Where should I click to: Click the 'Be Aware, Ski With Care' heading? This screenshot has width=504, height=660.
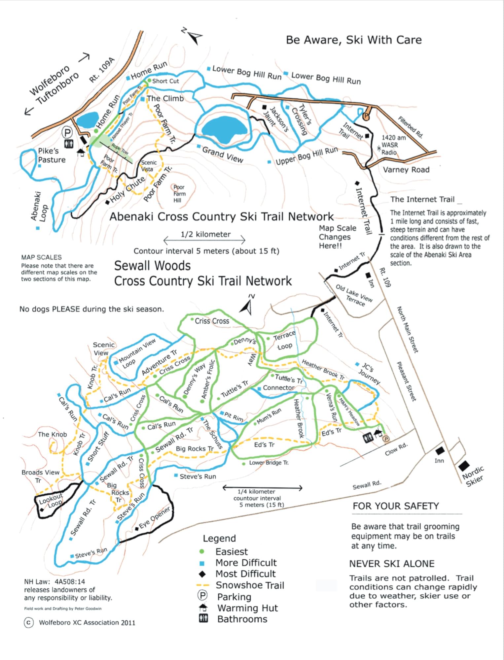pos(354,40)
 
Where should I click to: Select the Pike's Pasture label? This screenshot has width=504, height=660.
pos(52,155)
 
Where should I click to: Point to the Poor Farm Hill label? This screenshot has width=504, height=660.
pos(179,194)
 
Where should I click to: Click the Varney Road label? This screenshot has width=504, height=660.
pos(406,170)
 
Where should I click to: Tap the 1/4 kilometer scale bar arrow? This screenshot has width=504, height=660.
pos(263,488)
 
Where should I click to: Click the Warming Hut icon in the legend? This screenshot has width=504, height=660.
pos(203,607)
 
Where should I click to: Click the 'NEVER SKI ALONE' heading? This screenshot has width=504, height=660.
pos(392,564)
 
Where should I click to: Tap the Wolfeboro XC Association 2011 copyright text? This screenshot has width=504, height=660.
pos(87,623)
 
